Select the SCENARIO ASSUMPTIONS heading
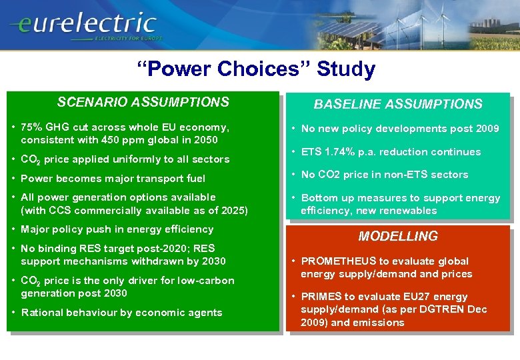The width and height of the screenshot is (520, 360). click(x=143, y=102)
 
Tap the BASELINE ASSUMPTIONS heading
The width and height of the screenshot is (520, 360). click(x=398, y=104)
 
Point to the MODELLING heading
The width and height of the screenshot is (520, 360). click(x=398, y=236)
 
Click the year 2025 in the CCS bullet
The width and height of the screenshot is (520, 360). click(x=234, y=210)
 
